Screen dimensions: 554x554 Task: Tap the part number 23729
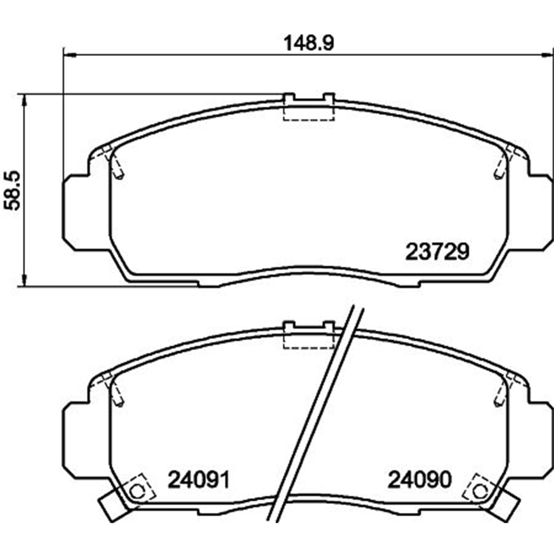click(x=437, y=252)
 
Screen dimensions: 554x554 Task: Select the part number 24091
click(x=199, y=480)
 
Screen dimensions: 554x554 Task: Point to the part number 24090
click(x=420, y=480)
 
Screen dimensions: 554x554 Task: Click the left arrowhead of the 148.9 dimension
click(x=70, y=54)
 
